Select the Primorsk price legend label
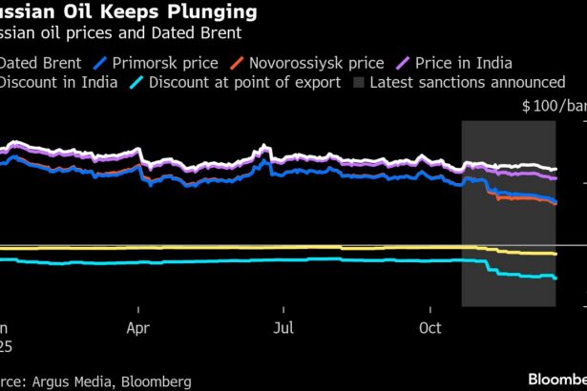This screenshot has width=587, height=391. coord(158,63)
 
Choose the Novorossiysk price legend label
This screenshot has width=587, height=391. coord(315,63)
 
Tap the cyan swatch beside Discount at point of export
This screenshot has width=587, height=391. coord(138,83)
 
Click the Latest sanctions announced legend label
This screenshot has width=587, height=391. coord(467,83)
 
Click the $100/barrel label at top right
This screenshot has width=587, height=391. coord(554,107)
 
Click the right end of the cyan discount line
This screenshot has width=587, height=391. coord(556,278)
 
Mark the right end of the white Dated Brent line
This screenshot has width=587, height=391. coord(556,169)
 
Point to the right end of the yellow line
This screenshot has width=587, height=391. coord(556,255)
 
